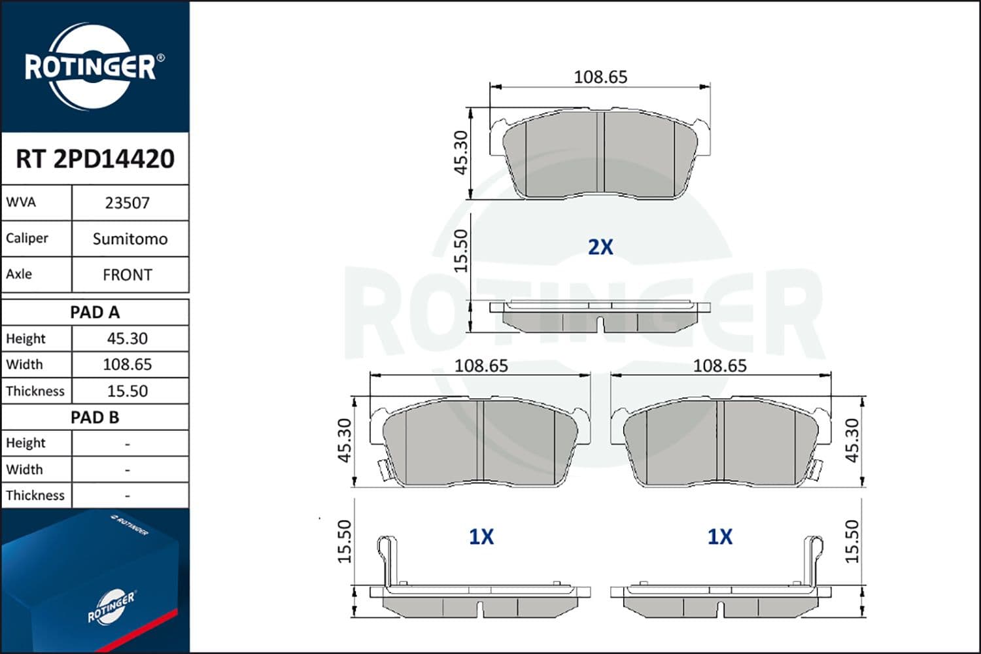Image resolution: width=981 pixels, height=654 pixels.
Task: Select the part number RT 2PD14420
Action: (95, 159)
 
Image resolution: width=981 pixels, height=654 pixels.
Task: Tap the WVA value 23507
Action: (128, 203)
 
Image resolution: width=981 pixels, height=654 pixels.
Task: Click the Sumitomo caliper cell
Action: (129, 239)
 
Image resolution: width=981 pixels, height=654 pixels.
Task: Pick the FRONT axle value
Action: (128, 275)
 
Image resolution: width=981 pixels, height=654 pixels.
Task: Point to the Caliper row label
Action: (27, 238)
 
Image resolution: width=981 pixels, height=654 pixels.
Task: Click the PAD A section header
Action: (95, 313)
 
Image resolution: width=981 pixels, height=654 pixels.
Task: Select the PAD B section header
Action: (95, 417)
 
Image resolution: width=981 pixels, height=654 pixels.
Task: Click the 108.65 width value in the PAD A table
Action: (128, 364)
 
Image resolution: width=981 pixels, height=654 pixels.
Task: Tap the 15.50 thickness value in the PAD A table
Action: (128, 391)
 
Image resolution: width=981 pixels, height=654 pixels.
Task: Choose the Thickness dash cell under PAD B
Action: (128, 496)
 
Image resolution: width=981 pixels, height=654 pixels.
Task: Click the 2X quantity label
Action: (600, 247)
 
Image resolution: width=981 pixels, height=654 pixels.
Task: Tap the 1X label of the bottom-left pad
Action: (481, 537)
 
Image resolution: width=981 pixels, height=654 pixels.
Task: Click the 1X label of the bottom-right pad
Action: (720, 537)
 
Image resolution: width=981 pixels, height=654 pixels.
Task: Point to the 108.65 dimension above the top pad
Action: (600, 77)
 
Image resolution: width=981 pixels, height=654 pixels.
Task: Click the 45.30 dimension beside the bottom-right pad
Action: (852, 441)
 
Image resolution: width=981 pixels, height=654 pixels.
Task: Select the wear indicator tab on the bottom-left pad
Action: (381, 468)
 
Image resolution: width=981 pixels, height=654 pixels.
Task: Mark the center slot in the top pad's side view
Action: (600, 323)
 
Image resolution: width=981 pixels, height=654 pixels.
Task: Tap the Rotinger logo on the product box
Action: (111, 608)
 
